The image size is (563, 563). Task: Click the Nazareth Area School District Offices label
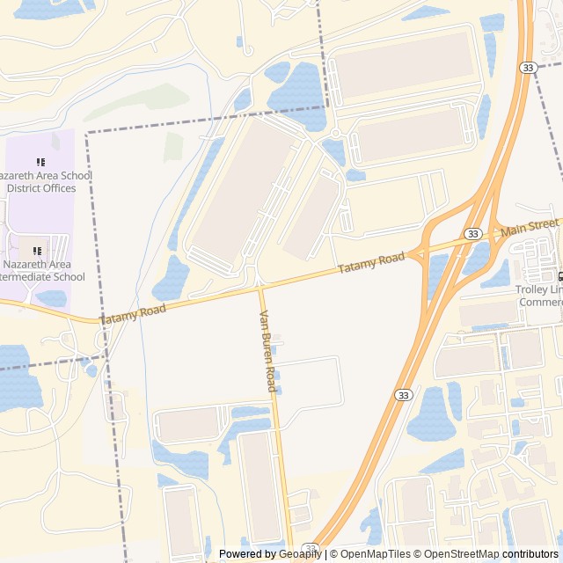(49, 181)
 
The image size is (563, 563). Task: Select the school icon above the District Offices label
(40, 163)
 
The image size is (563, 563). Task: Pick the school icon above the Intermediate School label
(37, 252)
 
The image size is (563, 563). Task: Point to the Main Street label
(530, 227)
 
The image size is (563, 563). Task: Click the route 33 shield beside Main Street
(473, 233)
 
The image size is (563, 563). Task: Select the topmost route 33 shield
(527, 68)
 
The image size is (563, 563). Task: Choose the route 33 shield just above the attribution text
(309, 547)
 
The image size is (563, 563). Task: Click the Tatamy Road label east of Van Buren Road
(371, 263)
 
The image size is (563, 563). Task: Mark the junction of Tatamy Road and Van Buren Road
(260, 288)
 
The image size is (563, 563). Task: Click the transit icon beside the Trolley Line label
(559, 276)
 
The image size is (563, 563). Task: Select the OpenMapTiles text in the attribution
(376, 554)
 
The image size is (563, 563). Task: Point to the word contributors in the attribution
(530, 554)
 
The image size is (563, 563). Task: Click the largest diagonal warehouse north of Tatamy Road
(237, 194)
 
